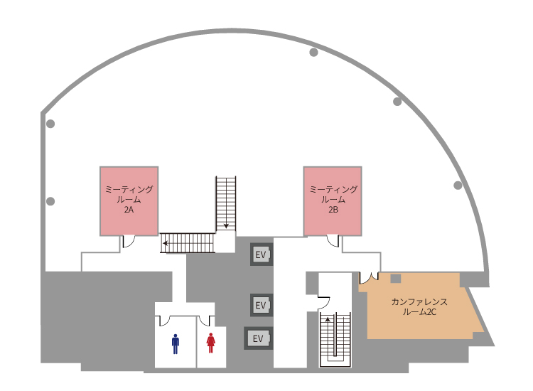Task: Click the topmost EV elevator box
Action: click(261, 255)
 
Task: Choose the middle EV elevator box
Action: click(261, 305)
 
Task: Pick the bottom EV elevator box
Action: click(258, 338)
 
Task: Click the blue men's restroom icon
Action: click(176, 344)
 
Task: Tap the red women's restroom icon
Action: click(210, 344)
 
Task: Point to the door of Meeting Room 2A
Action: click(129, 241)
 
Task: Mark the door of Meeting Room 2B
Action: click(333, 241)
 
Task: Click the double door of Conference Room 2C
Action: click(369, 277)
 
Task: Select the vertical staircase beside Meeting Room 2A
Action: click(225, 203)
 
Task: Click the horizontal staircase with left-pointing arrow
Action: click(187, 243)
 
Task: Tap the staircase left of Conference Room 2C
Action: click(335, 338)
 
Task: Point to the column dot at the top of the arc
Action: click(313, 52)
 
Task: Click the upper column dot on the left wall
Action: click(50, 124)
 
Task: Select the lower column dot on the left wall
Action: click(50, 201)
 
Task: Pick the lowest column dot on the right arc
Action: click(458, 186)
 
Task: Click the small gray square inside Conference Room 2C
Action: click(396, 278)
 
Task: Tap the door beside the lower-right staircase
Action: click(323, 302)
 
